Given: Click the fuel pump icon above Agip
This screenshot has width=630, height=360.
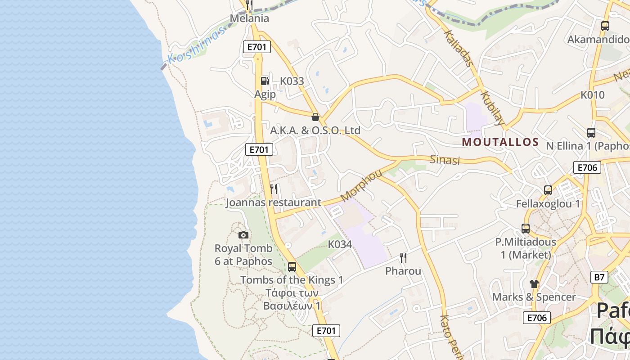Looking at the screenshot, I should [265, 81].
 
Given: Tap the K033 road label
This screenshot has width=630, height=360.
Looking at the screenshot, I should [292, 81].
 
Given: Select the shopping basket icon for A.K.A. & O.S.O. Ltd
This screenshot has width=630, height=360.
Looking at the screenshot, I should [315, 117].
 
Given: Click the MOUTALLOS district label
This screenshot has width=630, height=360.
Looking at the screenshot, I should [500, 142].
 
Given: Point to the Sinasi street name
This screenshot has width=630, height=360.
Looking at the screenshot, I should [445, 160].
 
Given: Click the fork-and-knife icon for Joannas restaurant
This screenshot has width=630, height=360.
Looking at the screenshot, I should [274, 189].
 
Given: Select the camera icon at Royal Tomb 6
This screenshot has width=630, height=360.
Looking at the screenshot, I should [243, 235].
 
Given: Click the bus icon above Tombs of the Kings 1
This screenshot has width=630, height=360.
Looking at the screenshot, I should [292, 267].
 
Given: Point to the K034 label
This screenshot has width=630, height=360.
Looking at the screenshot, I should [340, 244].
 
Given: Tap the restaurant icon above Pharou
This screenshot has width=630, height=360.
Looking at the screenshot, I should [403, 257].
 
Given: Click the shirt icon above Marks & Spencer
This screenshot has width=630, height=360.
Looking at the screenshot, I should [534, 283].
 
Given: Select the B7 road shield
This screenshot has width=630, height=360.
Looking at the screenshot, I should [599, 277].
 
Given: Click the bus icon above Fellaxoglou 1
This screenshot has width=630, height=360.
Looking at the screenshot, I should [548, 190].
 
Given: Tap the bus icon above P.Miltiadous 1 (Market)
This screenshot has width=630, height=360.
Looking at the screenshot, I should [526, 228].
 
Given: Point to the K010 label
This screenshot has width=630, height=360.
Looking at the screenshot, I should [592, 95].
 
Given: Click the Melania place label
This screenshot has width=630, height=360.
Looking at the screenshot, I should [249, 18].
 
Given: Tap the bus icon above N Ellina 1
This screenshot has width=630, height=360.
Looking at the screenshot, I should [591, 133].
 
